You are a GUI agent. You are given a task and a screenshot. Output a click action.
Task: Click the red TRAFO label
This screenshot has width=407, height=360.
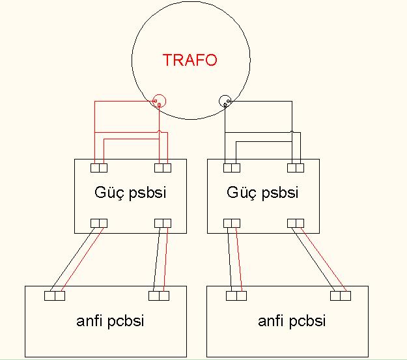pyautogui.click(x=189, y=61)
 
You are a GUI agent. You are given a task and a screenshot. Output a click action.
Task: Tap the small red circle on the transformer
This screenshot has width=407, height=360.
pyautogui.click(x=159, y=101)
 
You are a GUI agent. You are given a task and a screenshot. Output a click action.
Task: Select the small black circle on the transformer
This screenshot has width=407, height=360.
pyautogui.click(x=225, y=101)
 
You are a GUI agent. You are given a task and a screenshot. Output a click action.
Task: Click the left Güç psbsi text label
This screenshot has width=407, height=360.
pyautogui.click(x=130, y=193)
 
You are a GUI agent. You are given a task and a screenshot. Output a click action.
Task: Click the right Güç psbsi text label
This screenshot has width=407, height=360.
pyautogui.click(x=262, y=193)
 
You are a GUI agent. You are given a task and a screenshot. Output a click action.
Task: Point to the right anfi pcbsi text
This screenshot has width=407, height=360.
pyautogui.click(x=292, y=321)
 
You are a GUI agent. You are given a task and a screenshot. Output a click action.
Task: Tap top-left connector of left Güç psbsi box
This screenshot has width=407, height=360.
pyautogui.click(x=99, y=168)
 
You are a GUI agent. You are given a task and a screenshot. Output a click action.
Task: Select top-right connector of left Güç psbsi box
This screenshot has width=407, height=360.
pyautogui.click(x=163, y=168)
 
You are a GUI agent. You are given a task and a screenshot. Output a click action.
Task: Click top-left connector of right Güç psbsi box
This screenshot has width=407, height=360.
pyautogui.click(x=232, y=168)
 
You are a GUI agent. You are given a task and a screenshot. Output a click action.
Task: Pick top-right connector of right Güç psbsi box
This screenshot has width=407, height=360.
pyautogui.click(x=296, y=168)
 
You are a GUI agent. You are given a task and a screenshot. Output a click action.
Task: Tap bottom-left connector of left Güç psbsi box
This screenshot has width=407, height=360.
pyautogui.click(x=99, y=223)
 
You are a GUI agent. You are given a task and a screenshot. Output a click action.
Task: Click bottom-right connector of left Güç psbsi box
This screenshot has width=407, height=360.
pyautogui.click(x=163, y=223)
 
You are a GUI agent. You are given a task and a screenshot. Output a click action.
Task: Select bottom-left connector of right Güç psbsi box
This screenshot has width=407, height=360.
pyautogui.click(x=232, y=223)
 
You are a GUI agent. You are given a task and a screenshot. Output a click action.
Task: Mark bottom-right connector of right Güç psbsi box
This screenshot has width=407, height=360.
pyautogui.click(x=296, y=223)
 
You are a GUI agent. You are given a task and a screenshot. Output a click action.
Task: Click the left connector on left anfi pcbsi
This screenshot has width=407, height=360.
pyautogui.click(x=55, y=296)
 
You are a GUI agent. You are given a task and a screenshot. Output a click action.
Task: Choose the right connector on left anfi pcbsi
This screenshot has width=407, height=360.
pyautogui.click(x=159, y=296)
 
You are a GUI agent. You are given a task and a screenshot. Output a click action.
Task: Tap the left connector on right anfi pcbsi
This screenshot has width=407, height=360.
pyautogui.click(x=236, y=296)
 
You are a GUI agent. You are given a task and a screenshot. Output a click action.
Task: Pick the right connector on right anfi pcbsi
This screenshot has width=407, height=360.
pyautogui.click(x=341, y=296)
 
